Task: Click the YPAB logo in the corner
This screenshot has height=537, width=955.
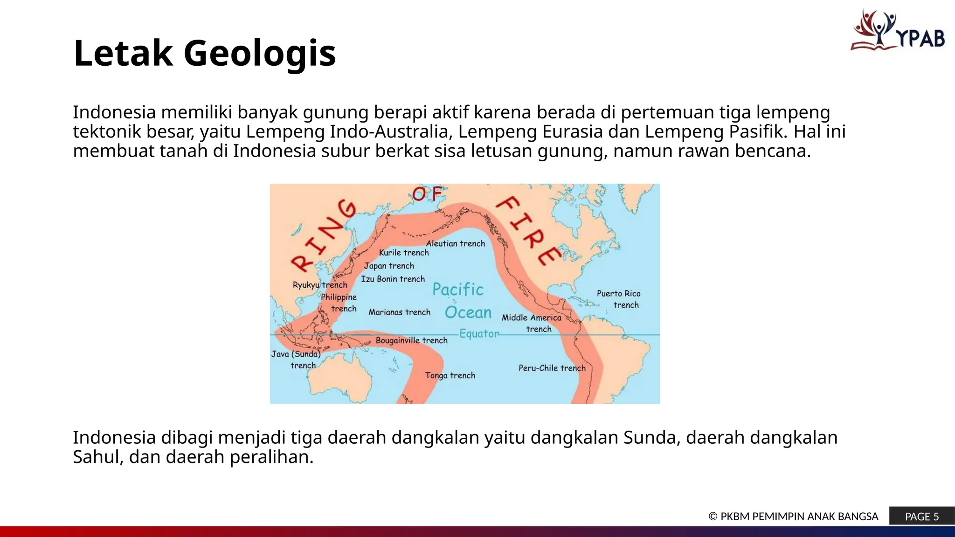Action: click(x=898, y=31)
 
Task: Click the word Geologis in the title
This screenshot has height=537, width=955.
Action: click(x=259, y=53)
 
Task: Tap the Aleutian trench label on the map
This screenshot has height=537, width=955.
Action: click(x=455, y=243)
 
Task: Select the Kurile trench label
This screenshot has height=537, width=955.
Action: click(x=404, y=253)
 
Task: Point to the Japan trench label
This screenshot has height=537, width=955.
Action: click(x=389, y=266)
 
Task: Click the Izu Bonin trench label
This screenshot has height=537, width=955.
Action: click(x=393, y=279)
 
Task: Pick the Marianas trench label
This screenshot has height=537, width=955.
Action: click(x=399, y=312)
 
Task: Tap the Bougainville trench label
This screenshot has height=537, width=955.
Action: click(x=411, y=340)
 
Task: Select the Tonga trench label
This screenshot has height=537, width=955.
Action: click(x=450, y=375)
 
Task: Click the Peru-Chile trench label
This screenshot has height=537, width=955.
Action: click(x=552, y=368)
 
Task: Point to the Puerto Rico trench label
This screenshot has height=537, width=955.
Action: click(x=619, y=299)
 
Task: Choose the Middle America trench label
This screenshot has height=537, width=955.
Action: click(x=532, y=323)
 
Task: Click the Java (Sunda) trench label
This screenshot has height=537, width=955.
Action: click(x=296, y=359)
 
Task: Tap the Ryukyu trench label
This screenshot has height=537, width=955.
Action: click(x=320, y=285)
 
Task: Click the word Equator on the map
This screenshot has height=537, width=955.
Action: click(x=479, y=334)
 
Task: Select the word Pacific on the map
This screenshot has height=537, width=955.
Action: click(x=457, y=289)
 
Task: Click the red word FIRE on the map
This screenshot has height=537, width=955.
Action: click(x=528, y=230)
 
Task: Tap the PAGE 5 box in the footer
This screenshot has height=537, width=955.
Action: click(x=921, y=516)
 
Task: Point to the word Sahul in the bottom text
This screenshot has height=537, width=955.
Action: click(x=97, y=457)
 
